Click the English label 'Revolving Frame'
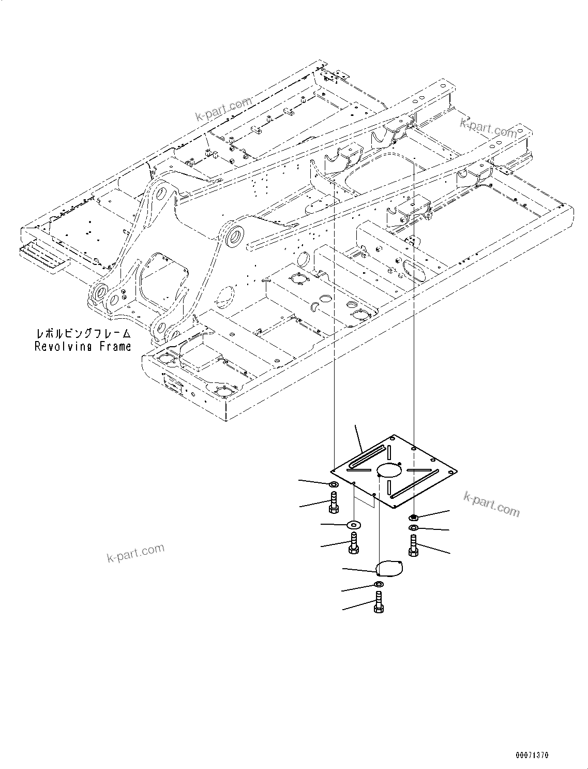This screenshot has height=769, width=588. pos(83,347)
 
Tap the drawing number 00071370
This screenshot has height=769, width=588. pos(532,756)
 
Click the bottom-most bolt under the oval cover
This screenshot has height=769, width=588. pos(378,603)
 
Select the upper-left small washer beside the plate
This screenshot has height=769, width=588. pos(334,484)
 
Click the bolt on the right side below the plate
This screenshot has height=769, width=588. pos(413,546)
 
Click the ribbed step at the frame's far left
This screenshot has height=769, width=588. pos(44,257)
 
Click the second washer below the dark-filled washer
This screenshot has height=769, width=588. pos(414,527)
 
